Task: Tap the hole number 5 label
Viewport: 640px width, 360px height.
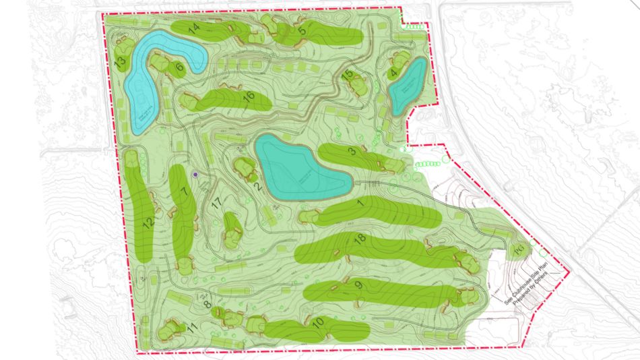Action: tap(302, 30)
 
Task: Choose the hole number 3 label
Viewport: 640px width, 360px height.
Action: tap(352, 152)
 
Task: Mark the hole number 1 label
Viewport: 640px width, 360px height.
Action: tap(360, 203)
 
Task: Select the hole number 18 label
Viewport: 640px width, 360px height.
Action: tap(359, 239)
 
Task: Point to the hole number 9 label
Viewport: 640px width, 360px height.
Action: tap(358, 285)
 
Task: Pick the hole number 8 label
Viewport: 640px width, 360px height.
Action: tap(207, 304)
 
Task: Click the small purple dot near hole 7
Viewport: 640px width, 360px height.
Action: tap(195, 174)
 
